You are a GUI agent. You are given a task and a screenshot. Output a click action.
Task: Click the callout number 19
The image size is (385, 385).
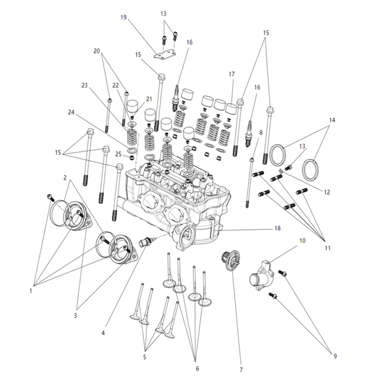[x=124, y=17]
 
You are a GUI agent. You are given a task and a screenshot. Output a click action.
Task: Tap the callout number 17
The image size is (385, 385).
[x=231, y=74]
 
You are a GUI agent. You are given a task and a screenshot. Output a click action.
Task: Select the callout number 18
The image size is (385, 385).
[x=278, y=228]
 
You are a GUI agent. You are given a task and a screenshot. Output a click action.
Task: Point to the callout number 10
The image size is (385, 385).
[x=302, y=241]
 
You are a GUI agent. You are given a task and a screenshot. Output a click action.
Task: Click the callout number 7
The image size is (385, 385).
[x=241, y=370]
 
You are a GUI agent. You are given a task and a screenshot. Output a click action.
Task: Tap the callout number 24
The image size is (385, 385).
[x=71, y=113]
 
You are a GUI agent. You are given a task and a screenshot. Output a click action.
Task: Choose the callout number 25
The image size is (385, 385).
[x=119, y=154]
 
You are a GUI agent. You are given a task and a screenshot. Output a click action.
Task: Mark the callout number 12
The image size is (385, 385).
[x=327, y=192]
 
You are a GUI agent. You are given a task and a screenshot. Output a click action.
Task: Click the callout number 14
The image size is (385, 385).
[x=332, y=120]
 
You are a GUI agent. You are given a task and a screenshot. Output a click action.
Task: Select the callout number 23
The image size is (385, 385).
[x=85, y=85]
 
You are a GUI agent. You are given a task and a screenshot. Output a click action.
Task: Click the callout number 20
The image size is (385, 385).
[x=96, y=51]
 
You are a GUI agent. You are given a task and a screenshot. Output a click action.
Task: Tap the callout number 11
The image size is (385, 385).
[x=328, y=248]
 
